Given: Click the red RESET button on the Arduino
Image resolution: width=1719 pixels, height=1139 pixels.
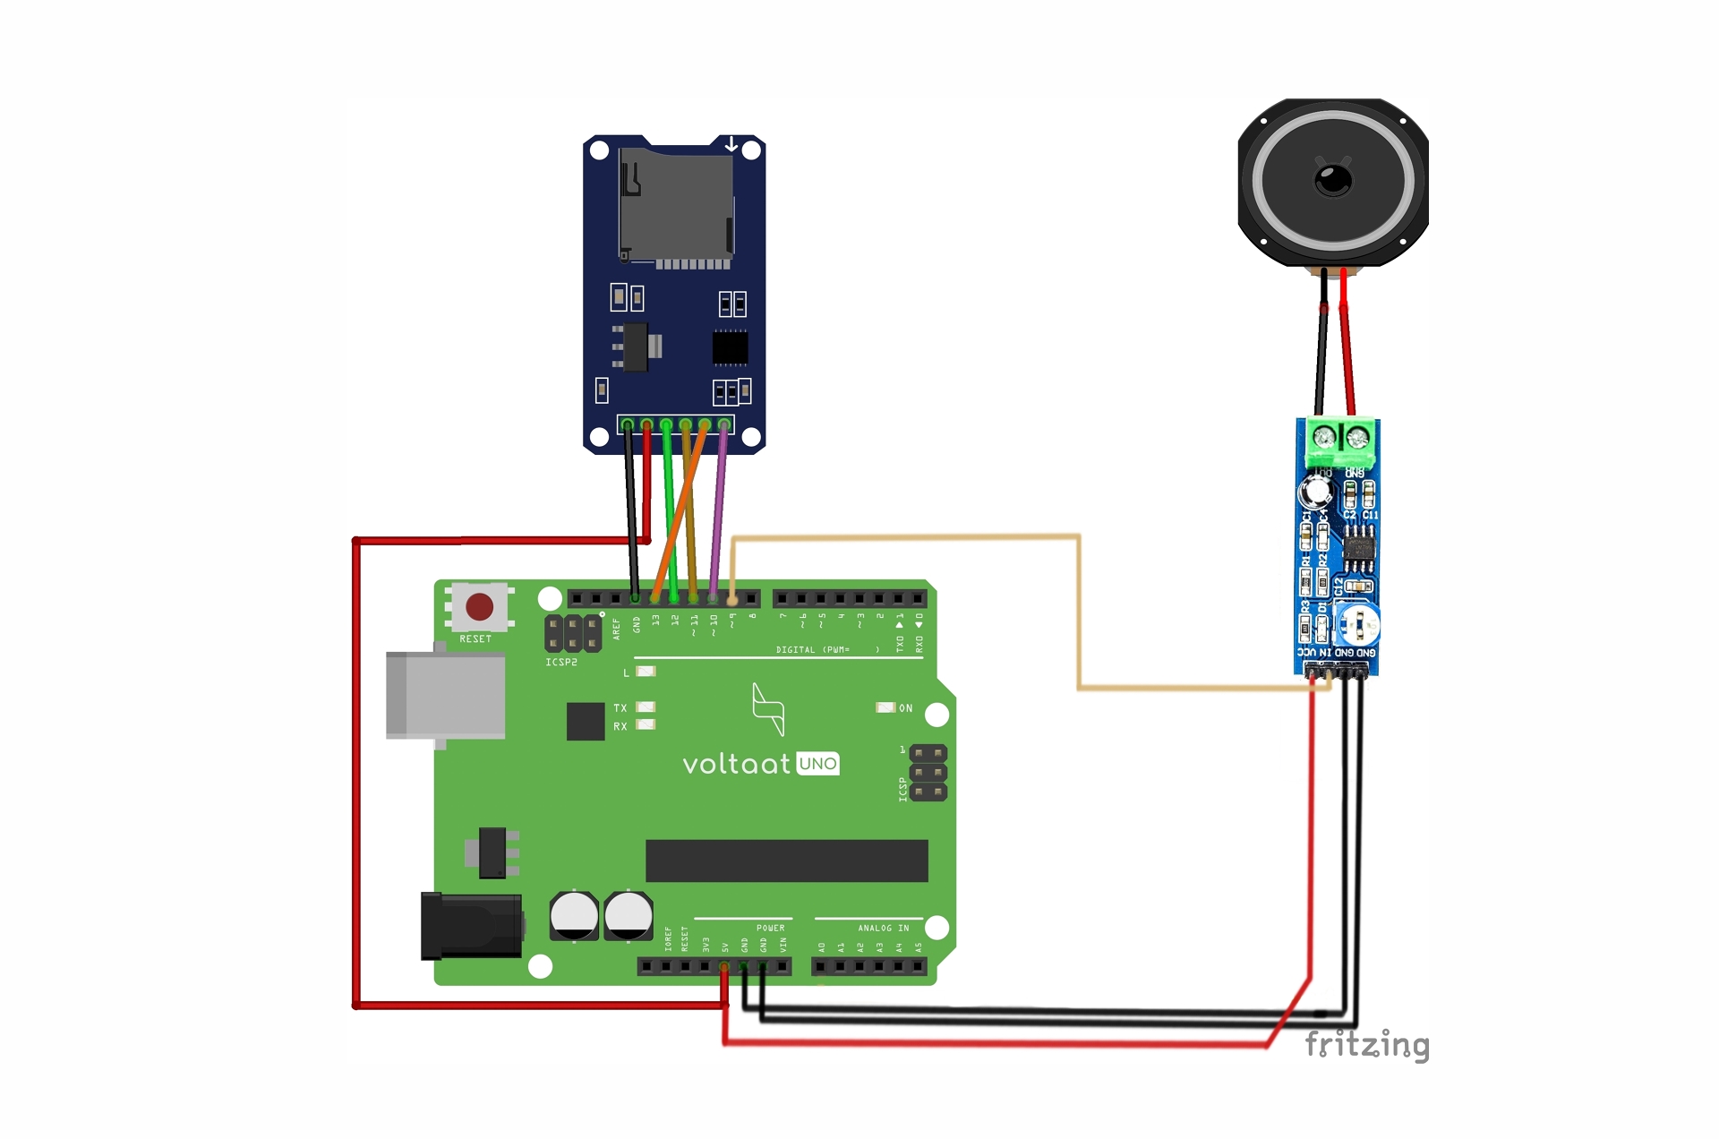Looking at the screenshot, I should coord(479,607).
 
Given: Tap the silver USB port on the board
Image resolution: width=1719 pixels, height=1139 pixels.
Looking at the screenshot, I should coord(446,696).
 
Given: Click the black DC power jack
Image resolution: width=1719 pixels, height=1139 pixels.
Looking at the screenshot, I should coord(472,926).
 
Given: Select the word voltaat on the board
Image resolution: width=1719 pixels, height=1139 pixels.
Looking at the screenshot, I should coord(736,764).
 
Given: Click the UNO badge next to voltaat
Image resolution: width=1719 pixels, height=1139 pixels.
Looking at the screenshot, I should coord(817,764).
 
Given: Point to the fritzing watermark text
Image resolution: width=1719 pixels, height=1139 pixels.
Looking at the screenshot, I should coord(1366,1044).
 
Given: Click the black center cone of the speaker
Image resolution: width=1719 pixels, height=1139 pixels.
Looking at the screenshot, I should coord(1333,180).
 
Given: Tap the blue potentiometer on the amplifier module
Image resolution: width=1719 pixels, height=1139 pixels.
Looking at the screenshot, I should coord(1357,624).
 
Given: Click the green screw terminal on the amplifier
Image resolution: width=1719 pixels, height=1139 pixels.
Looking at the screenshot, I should coord(1340,439).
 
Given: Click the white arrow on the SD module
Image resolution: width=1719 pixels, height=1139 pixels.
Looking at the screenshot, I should coord(731,144).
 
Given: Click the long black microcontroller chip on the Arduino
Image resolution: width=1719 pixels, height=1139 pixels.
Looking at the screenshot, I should coord(786,861).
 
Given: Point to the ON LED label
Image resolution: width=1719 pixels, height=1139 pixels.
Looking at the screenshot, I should coord(906,708).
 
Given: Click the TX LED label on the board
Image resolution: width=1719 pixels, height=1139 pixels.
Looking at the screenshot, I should coord(620,708).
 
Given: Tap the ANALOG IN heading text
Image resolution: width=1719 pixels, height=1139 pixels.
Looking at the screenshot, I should coord(883,928).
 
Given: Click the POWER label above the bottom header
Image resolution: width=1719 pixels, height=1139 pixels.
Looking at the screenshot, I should coord(770,928).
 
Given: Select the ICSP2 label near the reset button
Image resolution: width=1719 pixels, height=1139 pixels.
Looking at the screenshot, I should coord(561,663).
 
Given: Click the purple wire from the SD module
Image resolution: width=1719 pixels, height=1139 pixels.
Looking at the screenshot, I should coord(718,519).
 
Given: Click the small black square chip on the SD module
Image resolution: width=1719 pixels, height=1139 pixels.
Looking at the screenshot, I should coord(730,347).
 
